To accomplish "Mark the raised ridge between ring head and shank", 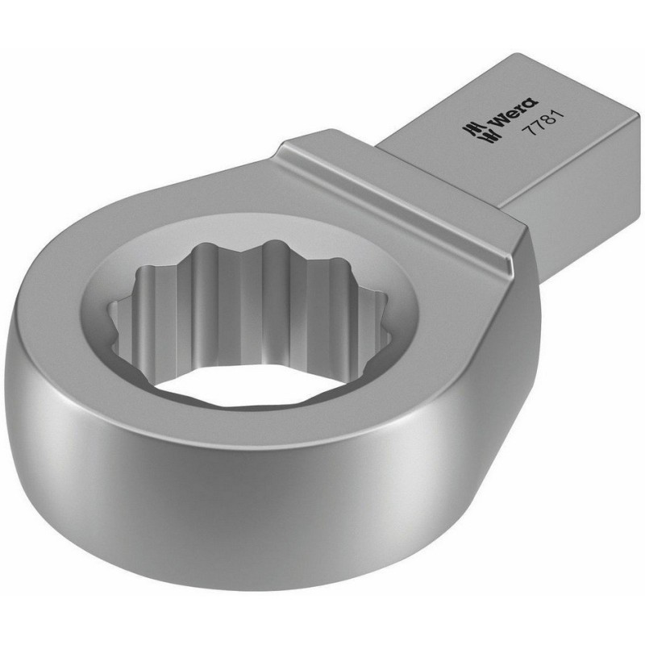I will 403,193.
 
